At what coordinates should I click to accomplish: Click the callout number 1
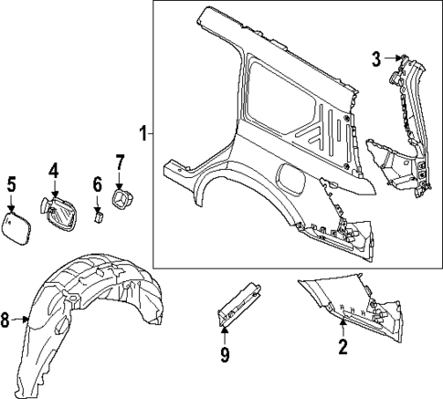[x=142, y=133]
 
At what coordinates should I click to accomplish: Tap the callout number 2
[x=343, y=346]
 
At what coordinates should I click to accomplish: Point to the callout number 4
[x=53, y=170]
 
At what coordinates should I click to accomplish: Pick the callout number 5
[x=11, y=184]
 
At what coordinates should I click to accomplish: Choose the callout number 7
[x=119, y=164]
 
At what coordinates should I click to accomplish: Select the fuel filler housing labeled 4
[x=59, y=212]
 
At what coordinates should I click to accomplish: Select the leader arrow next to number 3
[x=393, y=59]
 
